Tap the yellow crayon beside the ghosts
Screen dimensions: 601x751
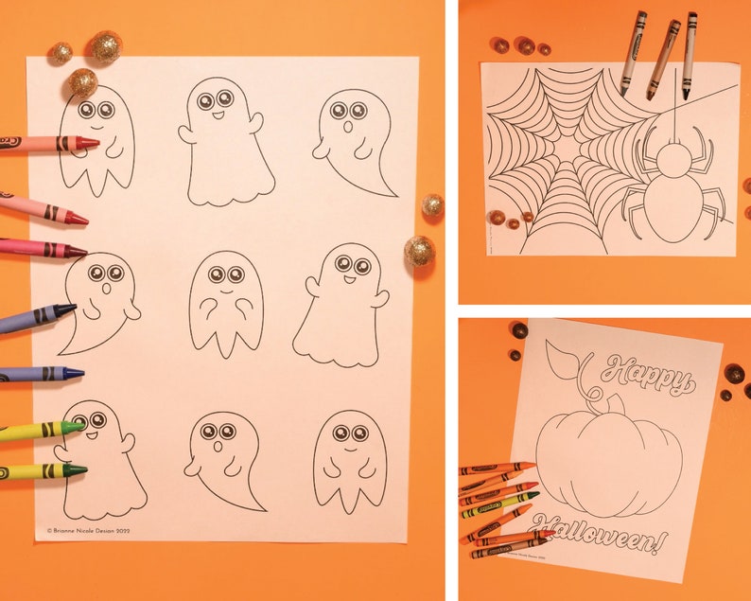pos(38,432)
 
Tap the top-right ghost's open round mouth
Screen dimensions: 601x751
pos(346,126)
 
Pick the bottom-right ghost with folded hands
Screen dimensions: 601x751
pos(349,460)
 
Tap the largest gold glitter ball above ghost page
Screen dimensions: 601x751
pos(104,47)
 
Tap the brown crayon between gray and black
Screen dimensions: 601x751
pos(662,59)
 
